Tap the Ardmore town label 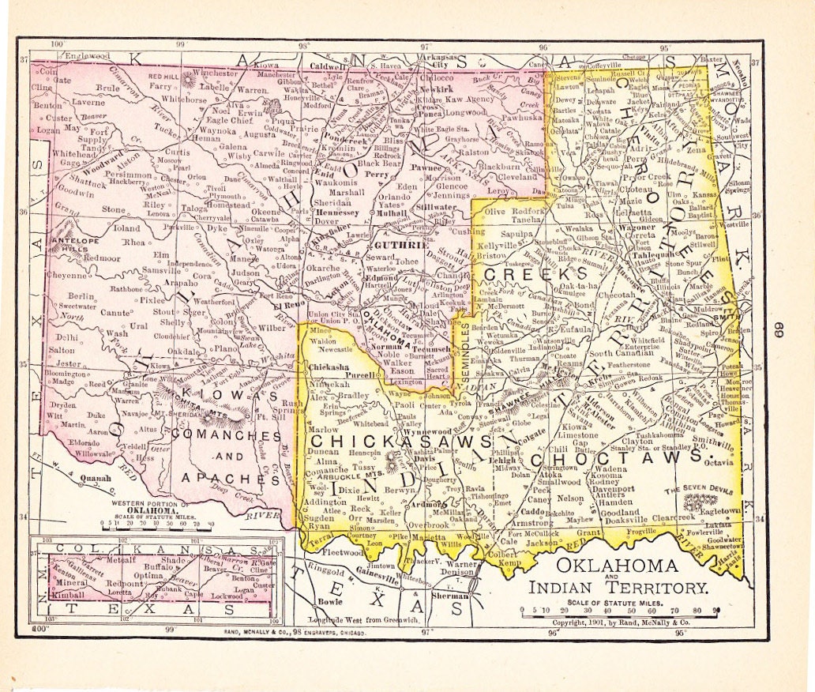[x=424, y=506]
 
